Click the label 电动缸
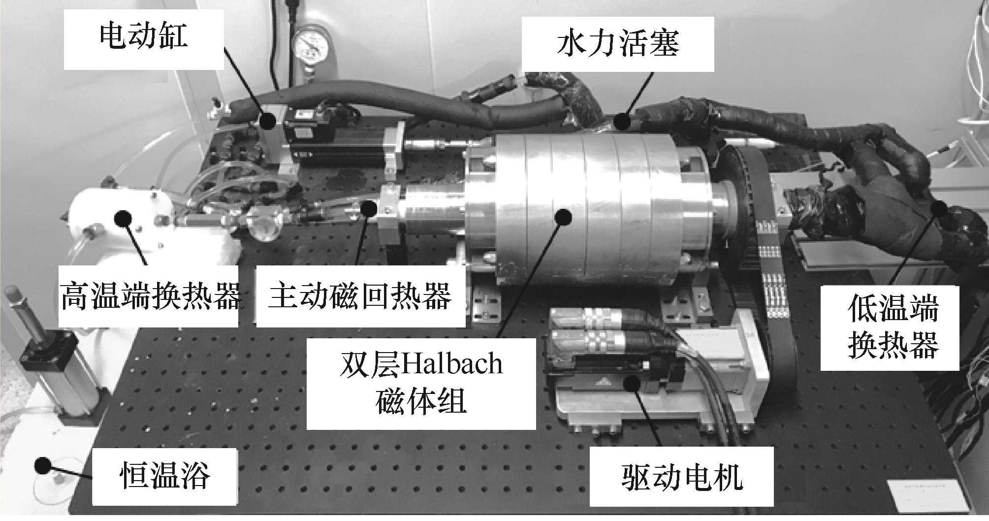pos(143,36)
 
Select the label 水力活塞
pos(618,44)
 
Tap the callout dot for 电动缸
pos(268,120)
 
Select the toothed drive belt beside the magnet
pos(770,256)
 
